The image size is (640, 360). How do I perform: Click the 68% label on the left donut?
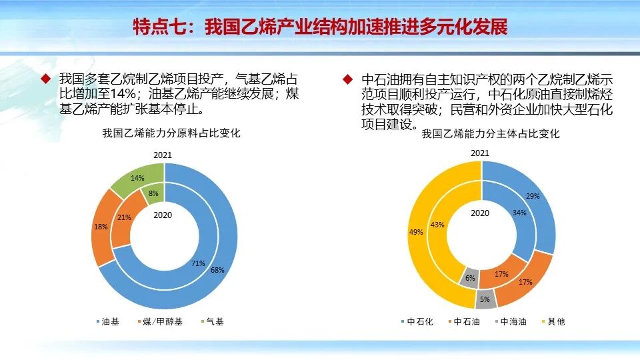(217, 270)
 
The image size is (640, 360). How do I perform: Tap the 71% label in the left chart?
(198, 263)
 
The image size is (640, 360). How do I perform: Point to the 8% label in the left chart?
(154, 194)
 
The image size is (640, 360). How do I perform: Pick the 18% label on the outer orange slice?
(101, 227)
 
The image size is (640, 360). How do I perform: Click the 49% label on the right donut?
(415, 232)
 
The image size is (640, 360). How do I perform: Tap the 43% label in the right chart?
(437, 225)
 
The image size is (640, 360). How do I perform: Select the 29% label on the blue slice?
(533, 196)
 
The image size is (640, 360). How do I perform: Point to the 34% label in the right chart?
(519, 213)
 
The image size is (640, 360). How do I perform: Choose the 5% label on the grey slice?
(485, 299)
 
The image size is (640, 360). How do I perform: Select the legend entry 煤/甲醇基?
(159, 321)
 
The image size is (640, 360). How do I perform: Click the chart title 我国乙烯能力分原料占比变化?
(171, 133)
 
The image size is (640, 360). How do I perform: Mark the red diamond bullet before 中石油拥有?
(347, 79)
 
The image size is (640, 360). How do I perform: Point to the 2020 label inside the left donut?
(163, 215)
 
